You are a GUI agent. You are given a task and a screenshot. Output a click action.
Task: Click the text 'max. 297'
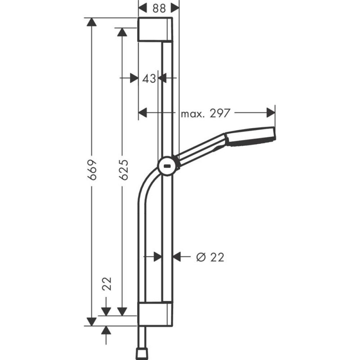point(205,114)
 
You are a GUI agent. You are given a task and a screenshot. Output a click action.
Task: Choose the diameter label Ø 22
point(210,257)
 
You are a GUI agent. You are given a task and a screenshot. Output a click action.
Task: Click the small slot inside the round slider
point(167,167)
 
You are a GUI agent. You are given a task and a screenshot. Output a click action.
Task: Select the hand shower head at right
point(251,137)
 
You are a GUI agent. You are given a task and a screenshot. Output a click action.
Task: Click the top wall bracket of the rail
point(155,29)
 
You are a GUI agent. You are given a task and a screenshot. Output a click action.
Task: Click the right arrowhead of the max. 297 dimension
point(271,113)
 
